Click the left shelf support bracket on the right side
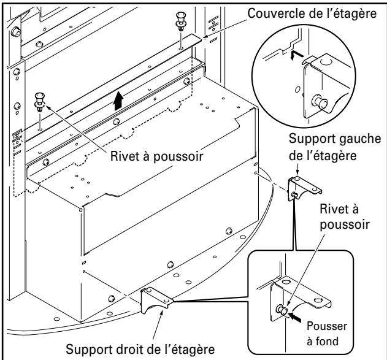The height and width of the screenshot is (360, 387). [x=300, y=184]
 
